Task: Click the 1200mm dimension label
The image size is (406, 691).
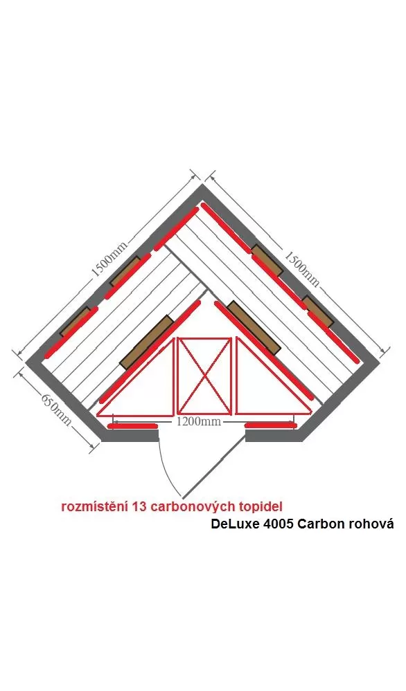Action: point(199,421)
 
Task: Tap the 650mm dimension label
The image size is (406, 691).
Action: point(57,409)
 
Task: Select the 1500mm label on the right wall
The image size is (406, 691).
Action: point(301,268)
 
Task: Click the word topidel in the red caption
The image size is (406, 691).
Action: point(260,506)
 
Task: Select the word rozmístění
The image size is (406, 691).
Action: point(95,506)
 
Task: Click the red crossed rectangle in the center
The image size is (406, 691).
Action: point(204,376)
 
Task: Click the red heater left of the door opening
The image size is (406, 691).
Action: point(133,426)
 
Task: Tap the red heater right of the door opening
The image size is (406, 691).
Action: point(270,425)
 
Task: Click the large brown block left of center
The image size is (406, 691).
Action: point(146,342)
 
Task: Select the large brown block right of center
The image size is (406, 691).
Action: point(254,328)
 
